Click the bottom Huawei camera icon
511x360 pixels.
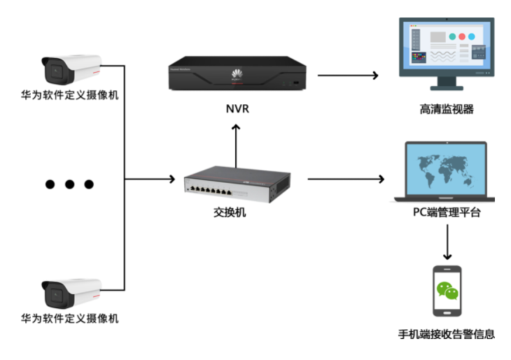pyautogui.click(x=70, y=293)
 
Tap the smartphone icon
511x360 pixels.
pyautogui.click(x=447, y=291)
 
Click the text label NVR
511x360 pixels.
pyautogui.click(x=237, y=110)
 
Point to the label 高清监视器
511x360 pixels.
pyautogui.click(x=447, y=109)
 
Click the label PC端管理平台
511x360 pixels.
pyautogui.click(x=447, y=213)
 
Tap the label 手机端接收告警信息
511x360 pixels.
pyautogui.click(x=447, y=335)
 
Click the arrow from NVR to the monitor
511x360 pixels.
pyautogui.click(x=347, y=74)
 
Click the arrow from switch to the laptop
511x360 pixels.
pyautogui.click(x=346, y=179)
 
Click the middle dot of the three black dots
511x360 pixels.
pyautogui.click(x=69, y=184)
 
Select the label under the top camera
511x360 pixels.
pyautogui.click(x=70, y=95)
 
